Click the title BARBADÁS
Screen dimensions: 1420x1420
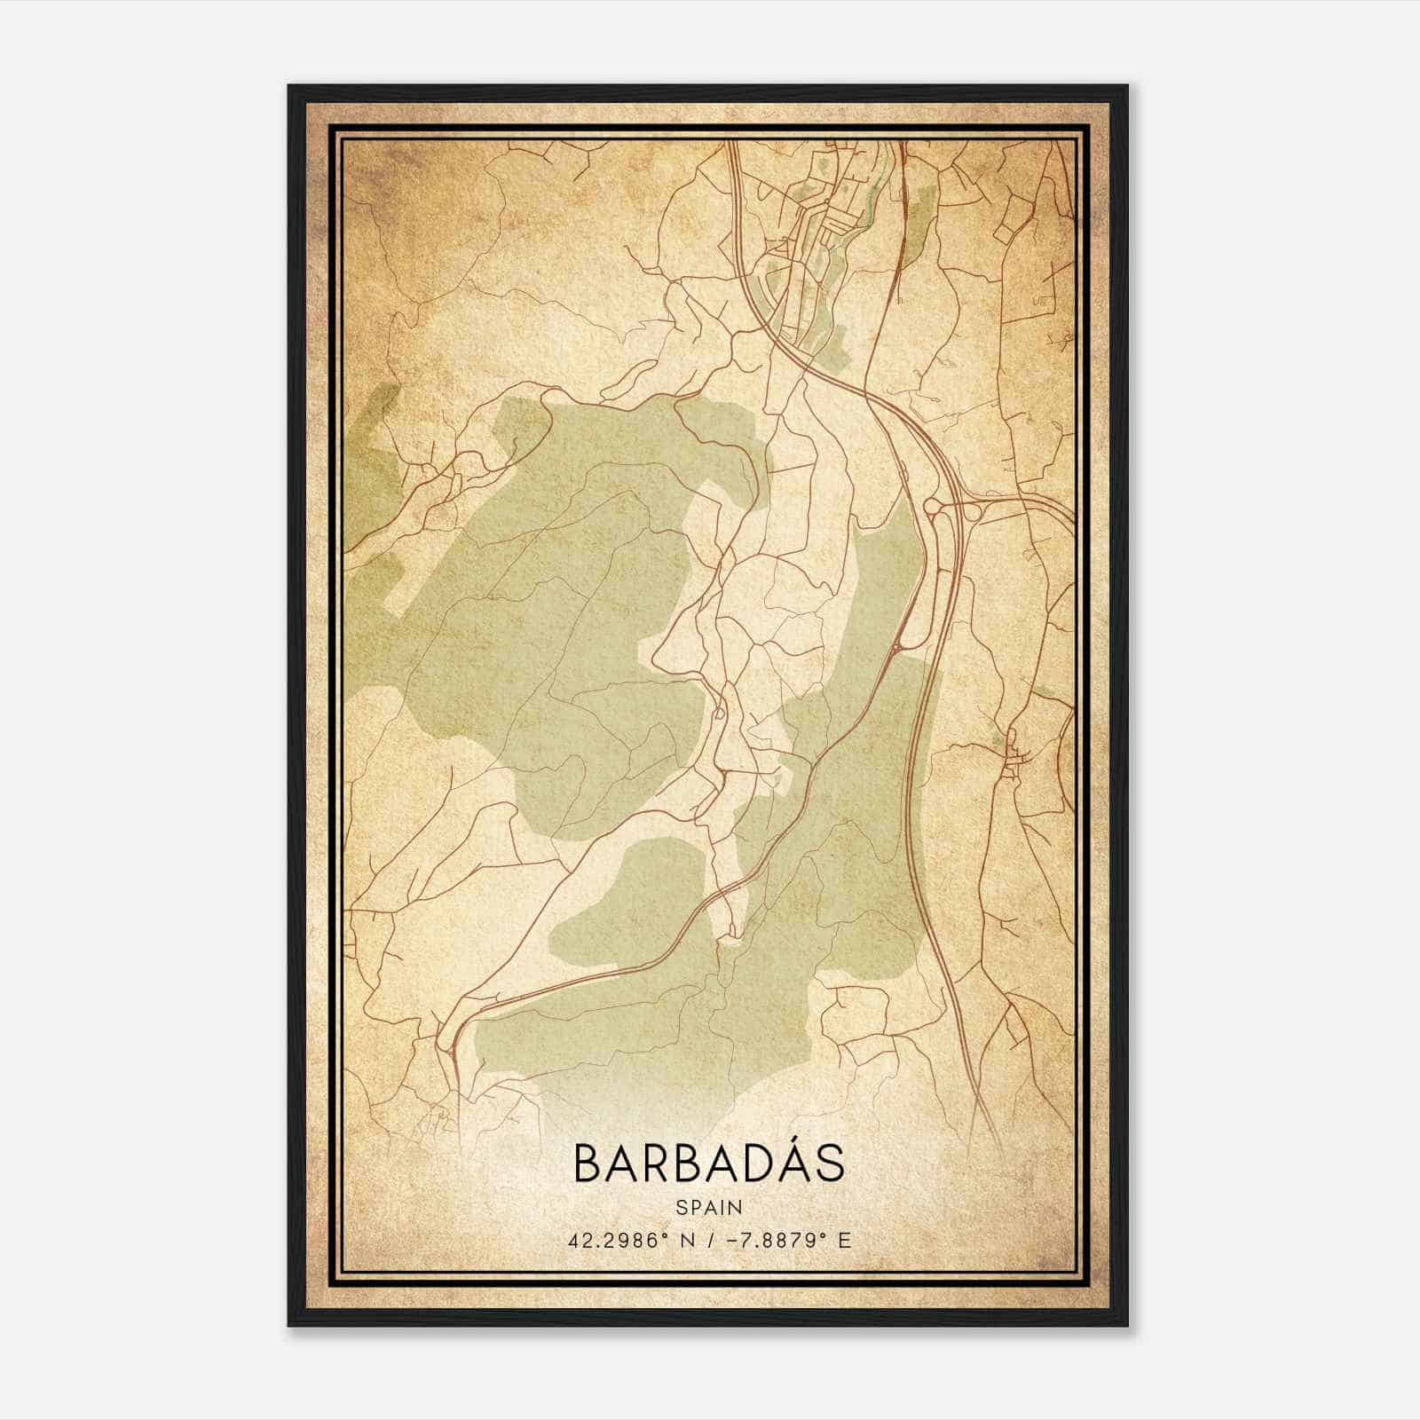(x=708, y=1163)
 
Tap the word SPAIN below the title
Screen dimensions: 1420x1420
(x=708, y=1207)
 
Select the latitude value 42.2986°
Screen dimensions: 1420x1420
(x=619, y=1240)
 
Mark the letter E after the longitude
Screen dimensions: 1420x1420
(x=844, y=1240)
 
